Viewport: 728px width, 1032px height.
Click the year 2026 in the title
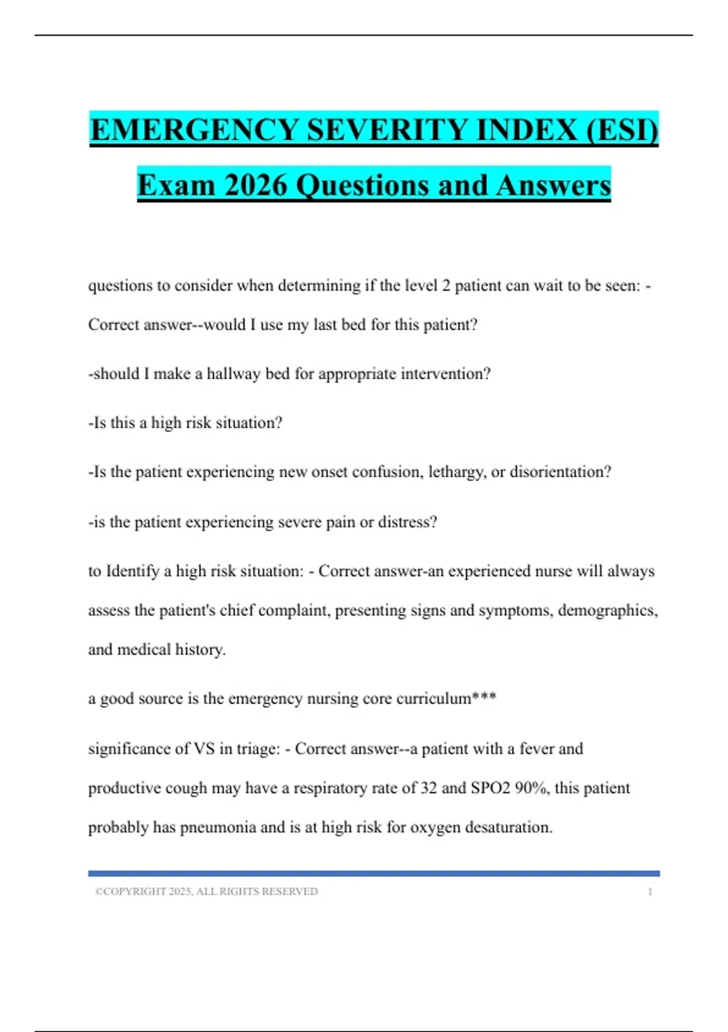coord(255,185)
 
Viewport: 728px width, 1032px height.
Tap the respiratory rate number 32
coord(428,788)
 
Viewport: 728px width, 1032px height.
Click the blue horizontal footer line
coord(374,874)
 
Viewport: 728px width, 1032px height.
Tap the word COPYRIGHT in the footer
coord(135,892)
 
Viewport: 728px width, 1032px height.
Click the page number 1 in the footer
coord(650,892)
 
